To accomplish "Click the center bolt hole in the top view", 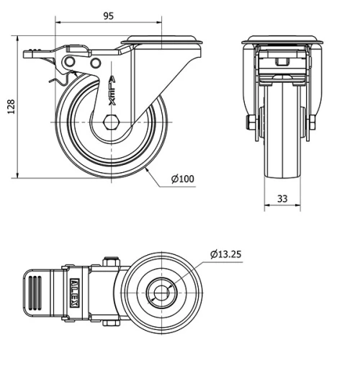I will (161, 293).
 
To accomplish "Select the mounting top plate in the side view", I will (163, 39).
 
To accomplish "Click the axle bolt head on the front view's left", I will (248, 122).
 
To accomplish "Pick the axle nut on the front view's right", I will (313, 122).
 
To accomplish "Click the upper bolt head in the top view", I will (111, 261).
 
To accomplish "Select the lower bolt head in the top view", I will (111, 323).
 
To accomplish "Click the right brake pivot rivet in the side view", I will (95, 64).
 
